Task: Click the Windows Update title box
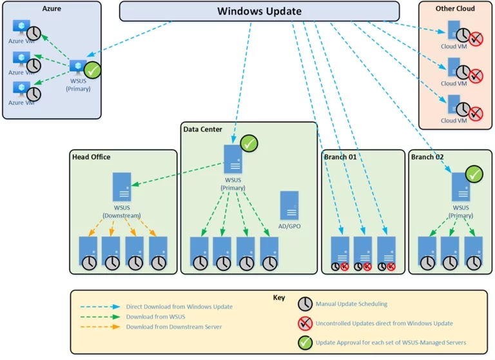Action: tap(259, 11)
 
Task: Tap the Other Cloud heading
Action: tap(454, 9)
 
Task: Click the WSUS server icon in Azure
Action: tap(78, 67)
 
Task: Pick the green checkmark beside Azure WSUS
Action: tap(93, 70)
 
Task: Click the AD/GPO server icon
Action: tap(289, 205)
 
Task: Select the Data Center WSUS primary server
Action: tap(233, 159)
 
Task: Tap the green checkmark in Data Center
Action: tap(249, 144)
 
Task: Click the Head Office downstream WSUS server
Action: tap(122, 187)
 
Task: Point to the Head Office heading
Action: tap(91, 157)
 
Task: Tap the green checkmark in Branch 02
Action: tap(475, 174)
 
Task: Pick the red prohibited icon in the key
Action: tap(305, 323)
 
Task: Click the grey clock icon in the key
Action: tap(305, 304)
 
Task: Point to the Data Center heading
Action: tap(202, 130)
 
